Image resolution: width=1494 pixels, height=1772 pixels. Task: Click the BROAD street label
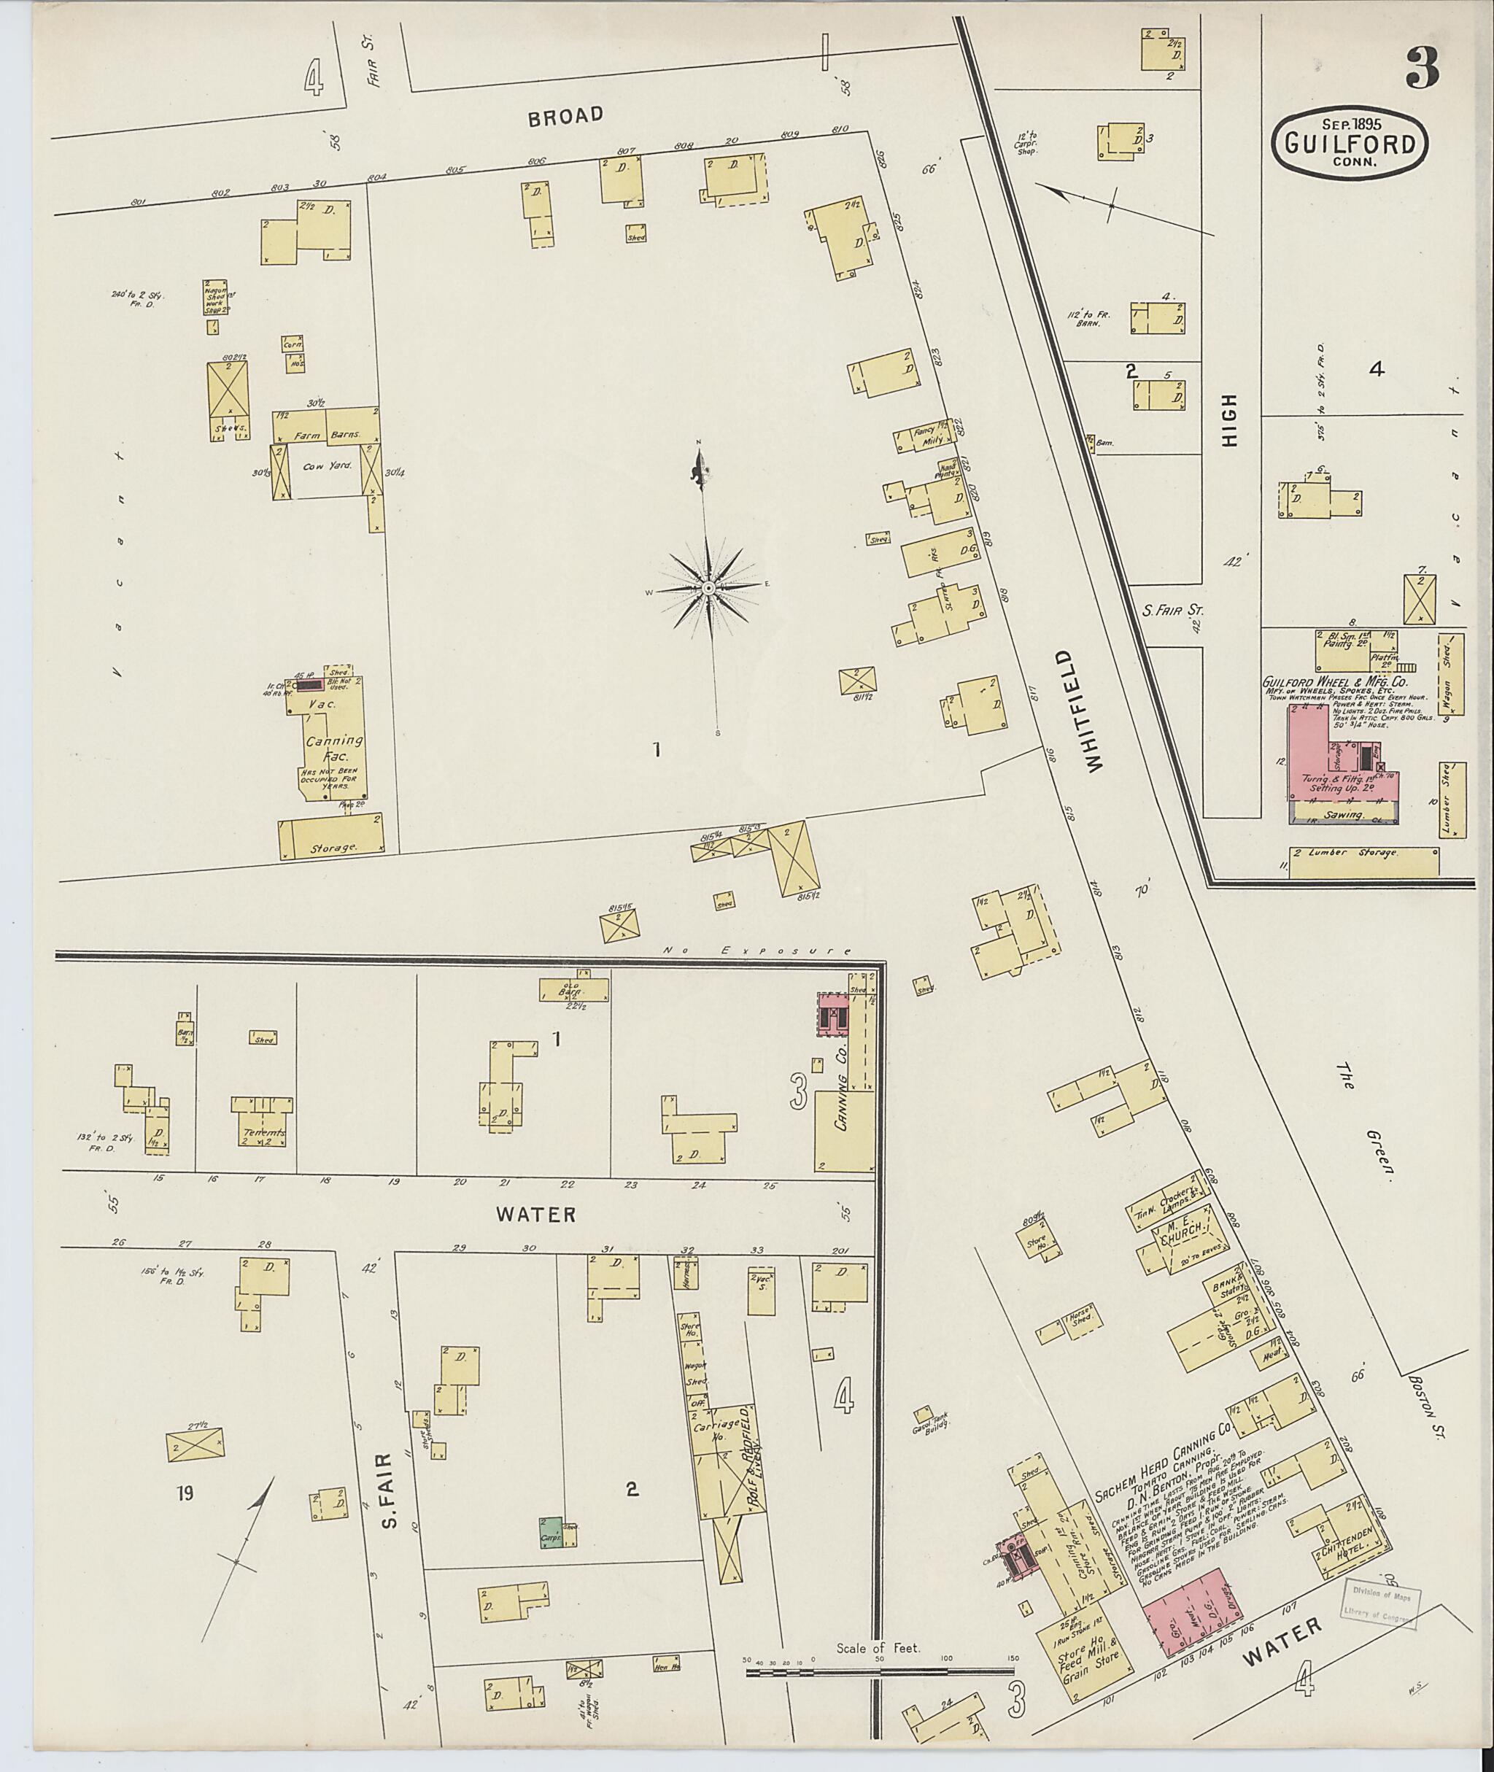point(566,116)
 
